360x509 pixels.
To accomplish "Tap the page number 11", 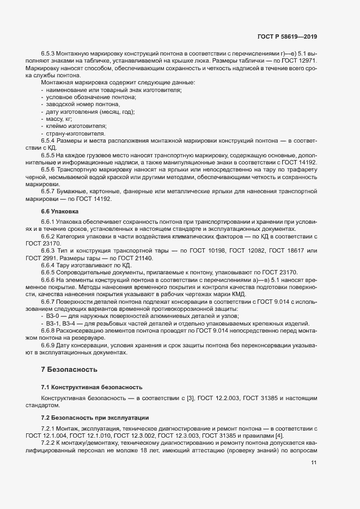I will click(x=314, y=463).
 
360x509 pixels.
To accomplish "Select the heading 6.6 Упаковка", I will click(x=60, y=211).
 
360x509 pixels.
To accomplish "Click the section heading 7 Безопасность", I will click(x=69, y=370).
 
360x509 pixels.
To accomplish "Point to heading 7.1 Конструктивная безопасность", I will click(x=91, y=387).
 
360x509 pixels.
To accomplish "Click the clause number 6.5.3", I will click(x=50, y=54).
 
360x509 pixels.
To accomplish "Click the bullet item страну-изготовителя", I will click(x=76, y=133).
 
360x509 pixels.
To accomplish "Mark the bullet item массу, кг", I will click(x=60, y=118).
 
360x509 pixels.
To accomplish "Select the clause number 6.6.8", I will click(x=50, y=330).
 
